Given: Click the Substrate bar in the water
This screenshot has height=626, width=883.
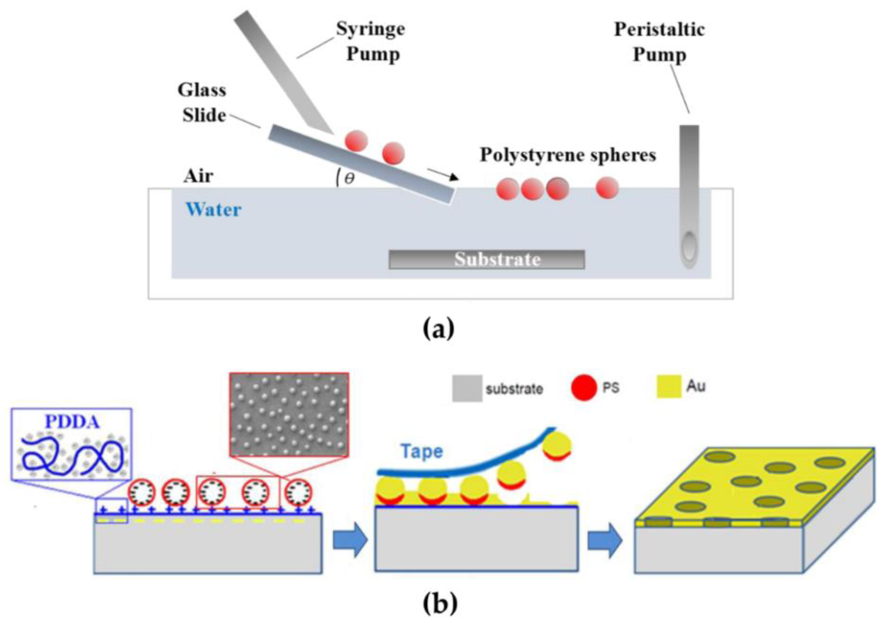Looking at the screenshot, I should [487, 259].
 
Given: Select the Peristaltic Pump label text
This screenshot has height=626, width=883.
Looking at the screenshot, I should [659, 42].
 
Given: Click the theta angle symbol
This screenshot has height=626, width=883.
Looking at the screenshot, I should [349, 178].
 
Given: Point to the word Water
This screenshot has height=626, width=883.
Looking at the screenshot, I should [214, 210].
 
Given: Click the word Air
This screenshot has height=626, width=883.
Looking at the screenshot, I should [198, 176].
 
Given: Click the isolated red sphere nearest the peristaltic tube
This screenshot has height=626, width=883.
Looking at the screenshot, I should [607, 188].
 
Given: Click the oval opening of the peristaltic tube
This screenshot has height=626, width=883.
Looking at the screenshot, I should [689, 246].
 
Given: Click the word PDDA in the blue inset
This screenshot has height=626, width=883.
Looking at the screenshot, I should [72, 422].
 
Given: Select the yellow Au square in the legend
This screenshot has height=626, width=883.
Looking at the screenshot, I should [669, 386].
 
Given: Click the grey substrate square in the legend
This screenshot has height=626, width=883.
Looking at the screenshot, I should [467, 388].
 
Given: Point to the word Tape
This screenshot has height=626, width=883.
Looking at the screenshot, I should [421, 451].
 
